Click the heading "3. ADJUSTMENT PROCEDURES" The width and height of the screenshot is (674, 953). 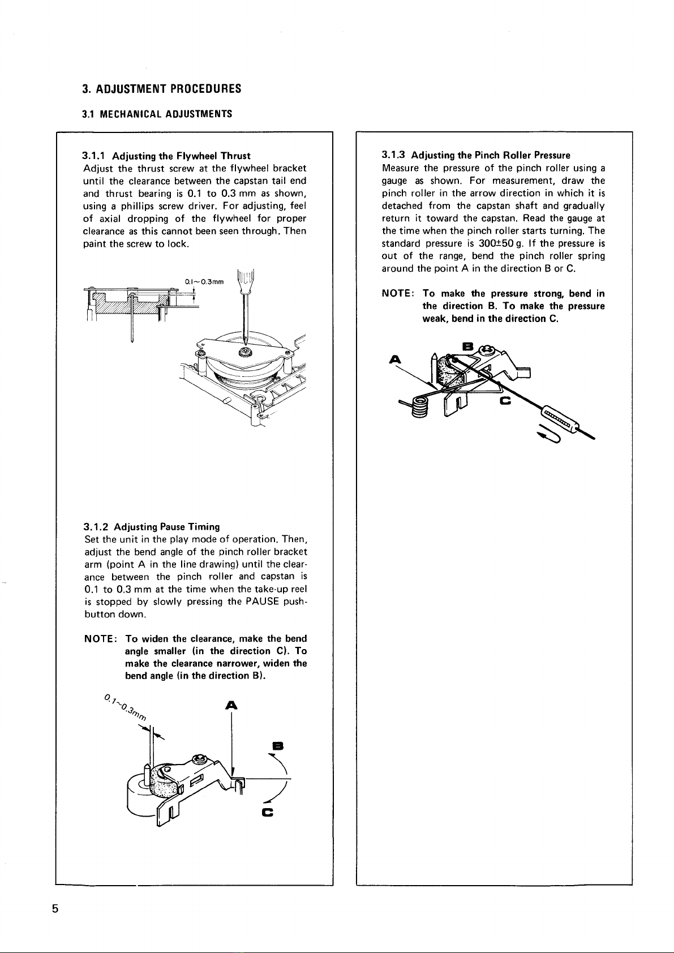(x=161, y=89)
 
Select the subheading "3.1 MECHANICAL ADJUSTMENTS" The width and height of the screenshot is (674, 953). (x=157, y=114)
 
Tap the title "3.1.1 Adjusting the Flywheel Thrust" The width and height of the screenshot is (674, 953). (x=166, y=156)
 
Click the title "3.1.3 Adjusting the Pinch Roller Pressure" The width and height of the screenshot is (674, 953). (x=476, y=155)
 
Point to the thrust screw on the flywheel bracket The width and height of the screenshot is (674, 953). (x=247, y=354)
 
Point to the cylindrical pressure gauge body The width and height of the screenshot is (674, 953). (x=560, y=419)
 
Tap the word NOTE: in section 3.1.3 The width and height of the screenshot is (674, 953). (x=400, y=294)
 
